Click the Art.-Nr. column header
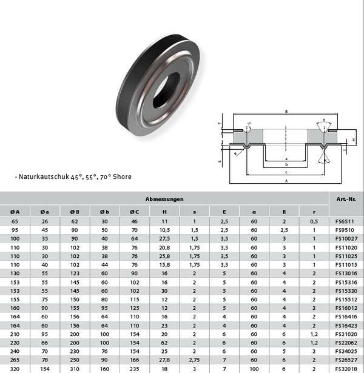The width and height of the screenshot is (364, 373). [342, 199]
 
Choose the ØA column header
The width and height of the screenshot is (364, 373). [15, 210]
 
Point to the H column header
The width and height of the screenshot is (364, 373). [164, 210]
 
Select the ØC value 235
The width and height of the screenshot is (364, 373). [134, 368]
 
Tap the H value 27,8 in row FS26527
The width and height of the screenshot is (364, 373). [164, 359]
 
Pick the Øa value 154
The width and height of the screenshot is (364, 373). [45, 368]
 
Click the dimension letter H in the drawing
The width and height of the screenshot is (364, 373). [353, 140]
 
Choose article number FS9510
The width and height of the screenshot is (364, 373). [343, 231]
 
